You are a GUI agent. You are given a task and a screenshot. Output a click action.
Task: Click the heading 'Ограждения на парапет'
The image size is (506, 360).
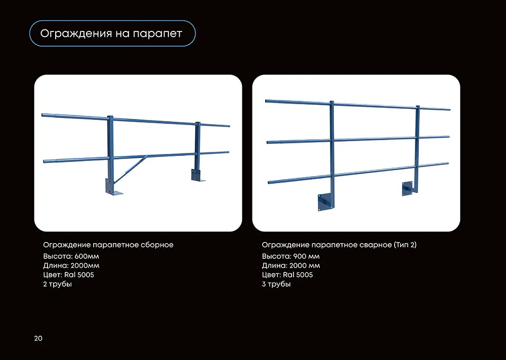coord(111,33)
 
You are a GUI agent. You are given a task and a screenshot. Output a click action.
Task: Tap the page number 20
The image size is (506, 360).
coord(38,338)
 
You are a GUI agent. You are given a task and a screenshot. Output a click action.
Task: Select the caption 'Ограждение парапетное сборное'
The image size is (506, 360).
coord(108,245)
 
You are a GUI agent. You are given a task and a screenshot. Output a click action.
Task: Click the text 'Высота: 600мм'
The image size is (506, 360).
coord(71,256)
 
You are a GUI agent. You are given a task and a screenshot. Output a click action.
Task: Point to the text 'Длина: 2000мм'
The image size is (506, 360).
coord(71,266)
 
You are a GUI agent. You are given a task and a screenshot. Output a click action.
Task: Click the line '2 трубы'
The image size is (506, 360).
coord(58,284)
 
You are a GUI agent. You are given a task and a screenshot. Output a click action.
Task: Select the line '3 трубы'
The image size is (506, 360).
coord(276,284)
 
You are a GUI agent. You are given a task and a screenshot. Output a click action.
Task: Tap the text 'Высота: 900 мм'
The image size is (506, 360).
coord(291,256)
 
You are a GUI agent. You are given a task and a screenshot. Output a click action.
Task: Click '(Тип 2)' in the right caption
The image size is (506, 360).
coord(405,245)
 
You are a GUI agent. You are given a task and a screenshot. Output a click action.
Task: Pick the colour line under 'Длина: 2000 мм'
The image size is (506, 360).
coord(287,275)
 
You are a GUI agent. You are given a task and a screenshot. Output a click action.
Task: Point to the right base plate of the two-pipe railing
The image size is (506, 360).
coord(197,175)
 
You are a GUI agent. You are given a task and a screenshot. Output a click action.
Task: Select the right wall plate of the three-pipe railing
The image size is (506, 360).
coord(407,188)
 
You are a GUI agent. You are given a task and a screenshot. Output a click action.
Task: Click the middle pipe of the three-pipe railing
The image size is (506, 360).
coord(358,139)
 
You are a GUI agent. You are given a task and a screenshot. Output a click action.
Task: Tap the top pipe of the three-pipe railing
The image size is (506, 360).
coord(358,105)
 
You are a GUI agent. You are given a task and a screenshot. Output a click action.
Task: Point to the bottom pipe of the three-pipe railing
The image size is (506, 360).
coord(358,173)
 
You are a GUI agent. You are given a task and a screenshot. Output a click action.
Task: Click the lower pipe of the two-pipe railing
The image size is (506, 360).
coord(136,157)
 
